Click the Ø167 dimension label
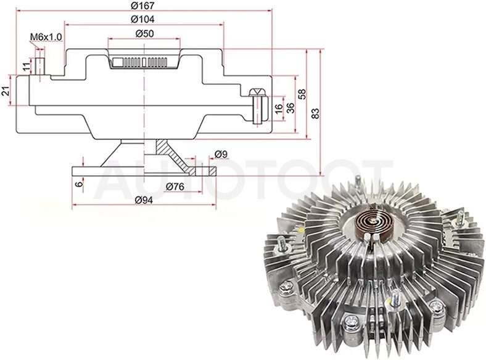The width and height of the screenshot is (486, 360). click(142, 6)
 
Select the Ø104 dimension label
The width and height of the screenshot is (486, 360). click(142, 19)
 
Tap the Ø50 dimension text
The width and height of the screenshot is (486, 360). click(144, 33)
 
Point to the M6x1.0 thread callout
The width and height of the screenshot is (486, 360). click(46, 37)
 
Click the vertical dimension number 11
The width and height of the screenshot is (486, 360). click(27, 66)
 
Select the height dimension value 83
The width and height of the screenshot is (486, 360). click(315, 113)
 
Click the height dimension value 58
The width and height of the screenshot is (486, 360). click(302, 94)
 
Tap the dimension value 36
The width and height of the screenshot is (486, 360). click(290, 108)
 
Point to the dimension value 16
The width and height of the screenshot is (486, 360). click(279, 108)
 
